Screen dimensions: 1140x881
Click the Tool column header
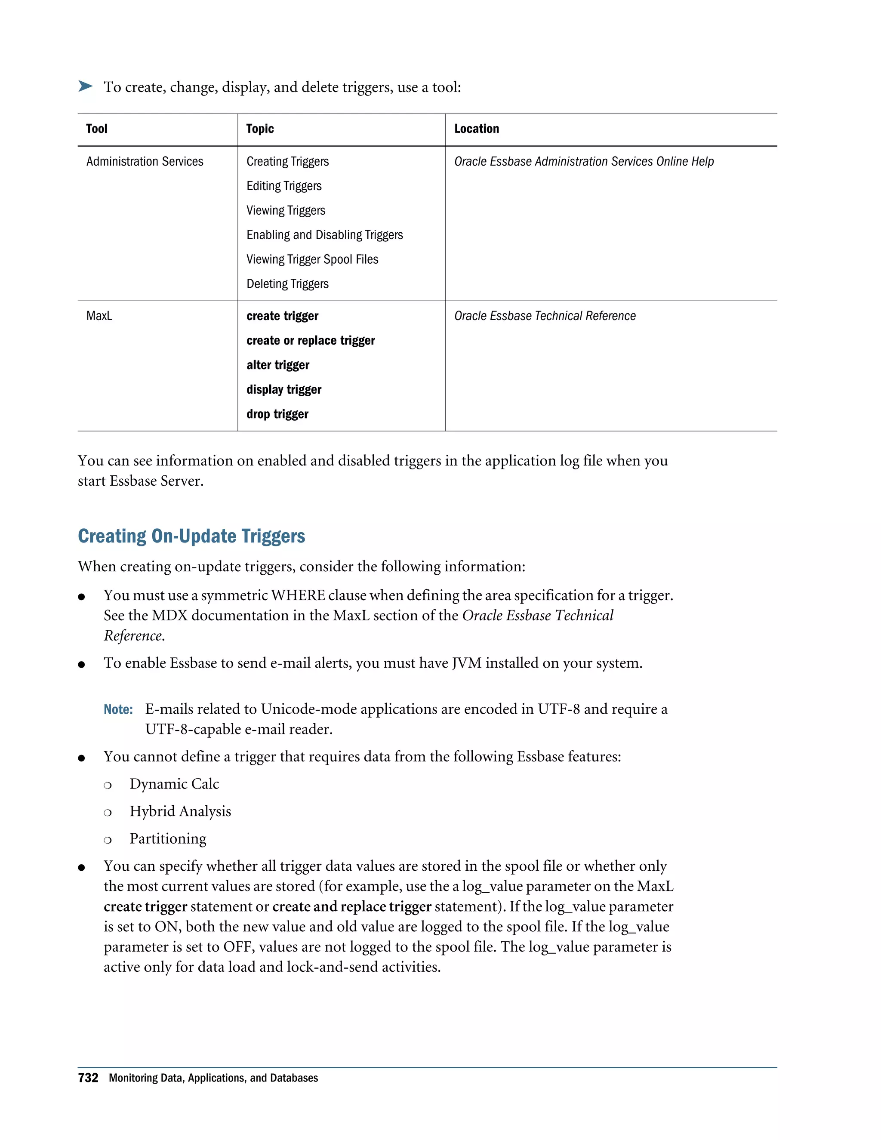coord(96,129)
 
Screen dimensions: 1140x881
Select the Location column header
coord(476,129)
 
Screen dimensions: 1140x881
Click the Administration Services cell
coord(145,162)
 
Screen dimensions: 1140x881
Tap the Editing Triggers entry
coord(283,186)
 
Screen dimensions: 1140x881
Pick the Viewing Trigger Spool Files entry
coord(312,259)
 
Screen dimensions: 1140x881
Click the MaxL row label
coord(99,316)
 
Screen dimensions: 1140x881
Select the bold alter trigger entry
coord(277,365)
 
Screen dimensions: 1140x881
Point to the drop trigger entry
coord(277,414)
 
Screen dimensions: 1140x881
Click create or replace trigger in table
coord(311,341)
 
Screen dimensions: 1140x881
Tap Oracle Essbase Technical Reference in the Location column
coord(544,316)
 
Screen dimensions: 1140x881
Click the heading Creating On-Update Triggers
coord(191,536)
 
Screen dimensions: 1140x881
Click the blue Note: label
coord(118,709)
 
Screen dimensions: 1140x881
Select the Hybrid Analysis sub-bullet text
coord(180,811)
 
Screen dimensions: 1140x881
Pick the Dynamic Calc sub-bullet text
coord(174,784)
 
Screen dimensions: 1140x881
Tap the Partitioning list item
coord(167,839)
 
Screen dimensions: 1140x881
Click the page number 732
coord(88,1078)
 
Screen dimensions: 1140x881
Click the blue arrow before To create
coord(85,86)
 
